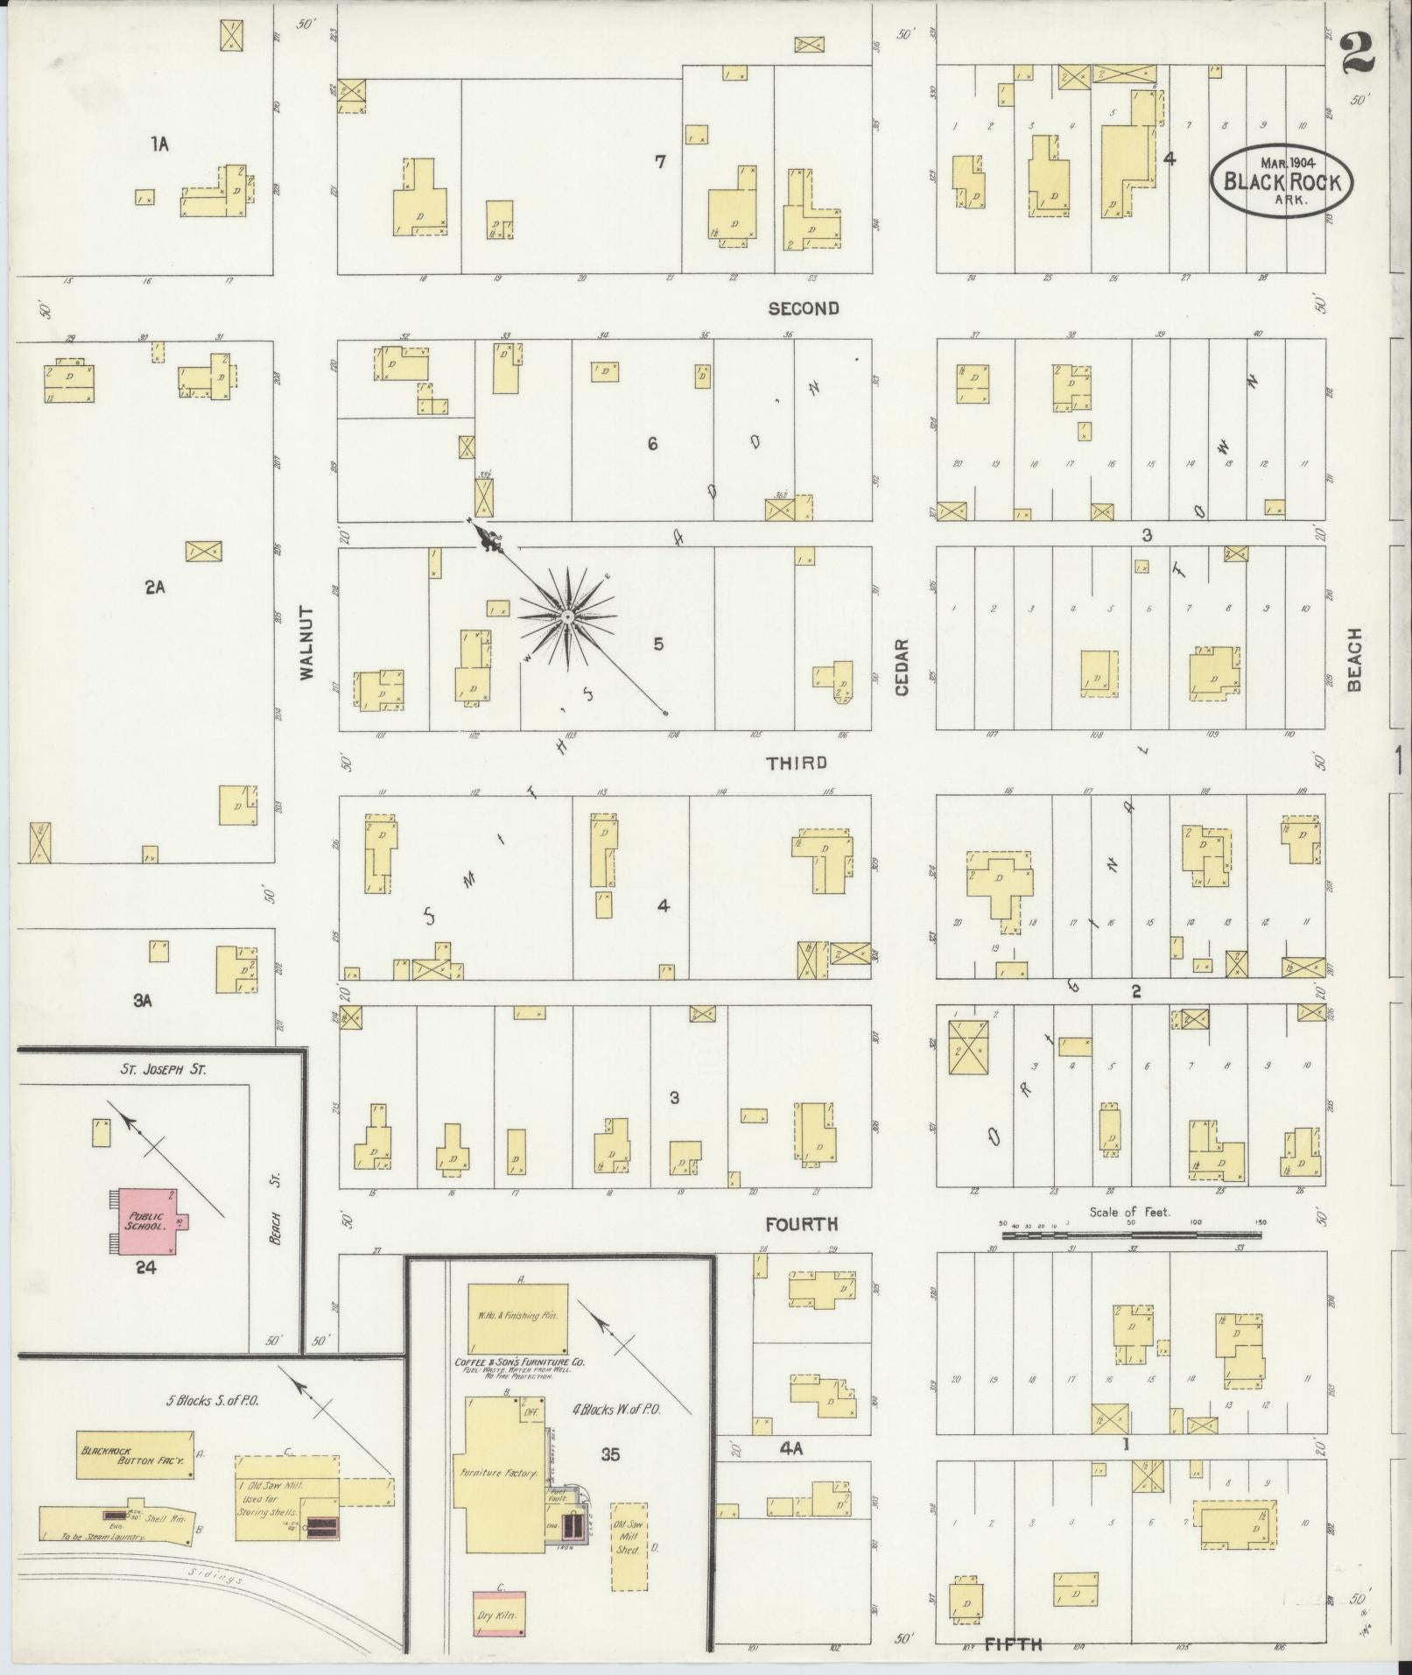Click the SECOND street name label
tap(803, 308)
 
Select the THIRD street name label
tap(796, 763)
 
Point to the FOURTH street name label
tap(801, 1224)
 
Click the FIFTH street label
tap(1013, 1644)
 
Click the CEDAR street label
tap(902, 667)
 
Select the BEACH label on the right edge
tap(1354, 659)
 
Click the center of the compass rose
tap(568, 617)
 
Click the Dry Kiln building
tap(500, 1613)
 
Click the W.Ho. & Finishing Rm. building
tap(517, 1316)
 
